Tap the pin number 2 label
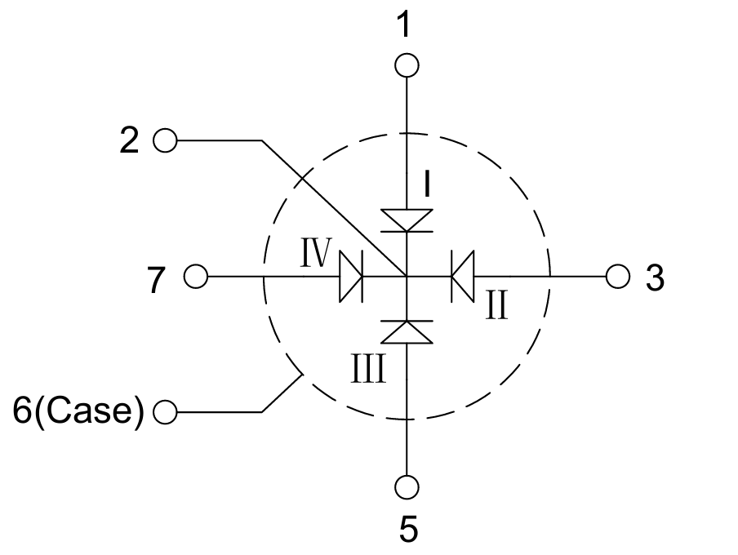click(129, 140)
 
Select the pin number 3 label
click(655, 277)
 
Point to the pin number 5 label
click(408, 529)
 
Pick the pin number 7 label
click(156, 280)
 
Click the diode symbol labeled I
click(407, 220)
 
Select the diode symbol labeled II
click(463, 276)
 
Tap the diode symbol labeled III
click(407, 332)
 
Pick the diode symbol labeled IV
click(351, 276)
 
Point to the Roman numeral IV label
click(316, 253)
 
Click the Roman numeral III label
click(368, 368)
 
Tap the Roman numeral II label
click(497, 305)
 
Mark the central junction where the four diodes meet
click(407, 276)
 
